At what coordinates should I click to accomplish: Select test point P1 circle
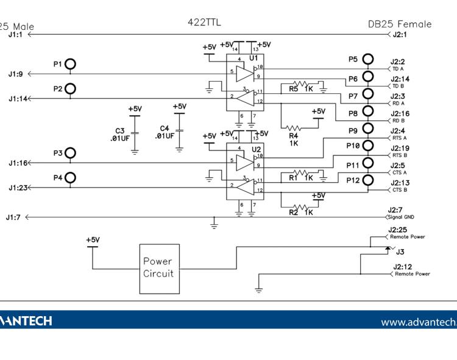72,64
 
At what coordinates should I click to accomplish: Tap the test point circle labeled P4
72,178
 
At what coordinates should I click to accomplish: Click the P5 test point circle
368,59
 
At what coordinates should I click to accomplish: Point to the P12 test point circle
368,181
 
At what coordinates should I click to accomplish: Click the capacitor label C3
120,130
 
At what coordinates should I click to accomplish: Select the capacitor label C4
164,129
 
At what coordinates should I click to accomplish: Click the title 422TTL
205,23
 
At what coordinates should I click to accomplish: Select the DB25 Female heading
400,24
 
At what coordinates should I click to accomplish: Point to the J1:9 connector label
16,74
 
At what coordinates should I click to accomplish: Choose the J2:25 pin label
399,230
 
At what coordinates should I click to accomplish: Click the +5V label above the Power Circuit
93,241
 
